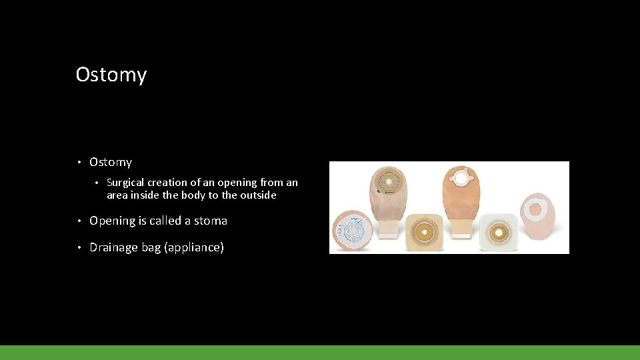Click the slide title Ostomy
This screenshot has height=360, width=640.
click(111, 74)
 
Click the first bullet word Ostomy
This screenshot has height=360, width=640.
click(111, 162)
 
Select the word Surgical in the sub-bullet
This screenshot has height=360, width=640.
click(125, 182)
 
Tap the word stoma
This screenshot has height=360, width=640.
click(211, 221)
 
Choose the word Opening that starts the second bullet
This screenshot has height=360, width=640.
click(111, 221)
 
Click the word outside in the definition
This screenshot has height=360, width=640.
click(259, 195)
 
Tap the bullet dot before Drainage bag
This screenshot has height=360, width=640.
click(79, 248)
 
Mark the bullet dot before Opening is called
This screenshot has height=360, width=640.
click(79, 221)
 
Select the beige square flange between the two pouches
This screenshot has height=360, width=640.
click(424, 231)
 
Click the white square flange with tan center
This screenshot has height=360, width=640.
click(497, 233)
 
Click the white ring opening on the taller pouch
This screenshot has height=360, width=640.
click(461, 179)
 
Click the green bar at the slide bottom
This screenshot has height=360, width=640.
click(320, 352)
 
